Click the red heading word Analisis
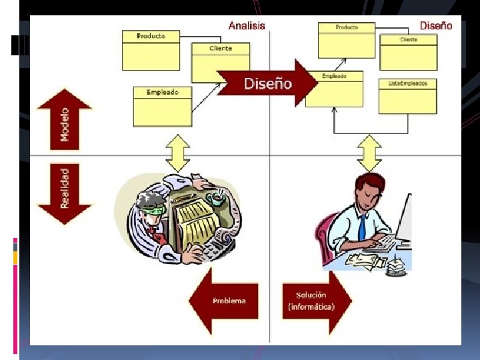(x=247, y=26)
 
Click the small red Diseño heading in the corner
(x=436, y=26)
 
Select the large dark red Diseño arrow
(x=267, y=83)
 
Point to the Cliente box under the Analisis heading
(x=221, y=62)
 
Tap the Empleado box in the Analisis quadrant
(x=162, y=106)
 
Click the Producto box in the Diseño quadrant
(x=346, y=40)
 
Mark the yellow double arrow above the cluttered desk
(x=178, y=153)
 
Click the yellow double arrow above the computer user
(x=369, y=153)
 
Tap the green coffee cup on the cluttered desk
(x=216, y=198)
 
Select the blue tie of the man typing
(x=361, y=227)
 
